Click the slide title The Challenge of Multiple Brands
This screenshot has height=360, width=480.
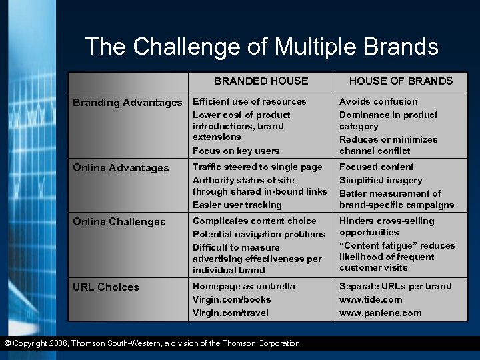261,47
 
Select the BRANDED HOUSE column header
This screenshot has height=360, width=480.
261,81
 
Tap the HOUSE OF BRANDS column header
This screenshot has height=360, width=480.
401,81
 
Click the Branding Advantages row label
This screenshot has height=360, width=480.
127,103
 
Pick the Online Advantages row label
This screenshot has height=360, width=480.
121,168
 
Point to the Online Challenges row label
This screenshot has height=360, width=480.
119,222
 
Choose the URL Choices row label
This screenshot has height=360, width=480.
105,287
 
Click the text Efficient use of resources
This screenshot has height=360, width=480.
249,102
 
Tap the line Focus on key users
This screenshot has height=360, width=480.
236,151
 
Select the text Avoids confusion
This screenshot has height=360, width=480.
379,102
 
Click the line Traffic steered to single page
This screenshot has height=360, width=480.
257,167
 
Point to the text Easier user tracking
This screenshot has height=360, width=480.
237,205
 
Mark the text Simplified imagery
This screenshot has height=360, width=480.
381,181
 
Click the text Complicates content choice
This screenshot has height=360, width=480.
255,221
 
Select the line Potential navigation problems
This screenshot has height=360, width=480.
259,235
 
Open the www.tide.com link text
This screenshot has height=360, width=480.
371,300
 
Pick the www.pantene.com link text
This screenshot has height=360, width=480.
380,313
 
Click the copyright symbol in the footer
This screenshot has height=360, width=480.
7,344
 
